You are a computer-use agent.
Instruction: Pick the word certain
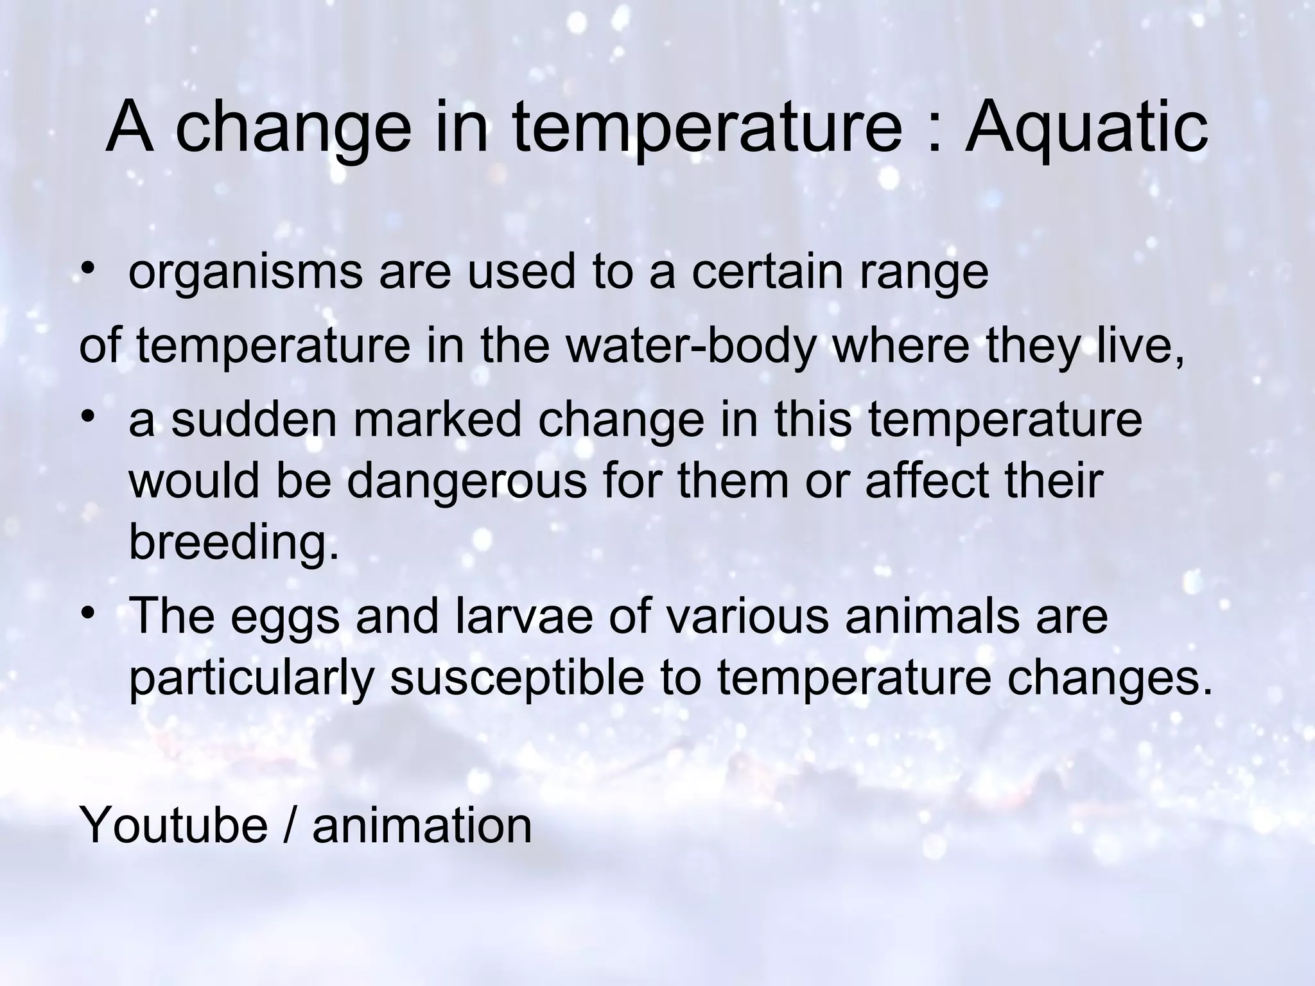coord(767,271)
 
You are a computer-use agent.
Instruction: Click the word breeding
coord(234,542)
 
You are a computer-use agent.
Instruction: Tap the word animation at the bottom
coord(422,825)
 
